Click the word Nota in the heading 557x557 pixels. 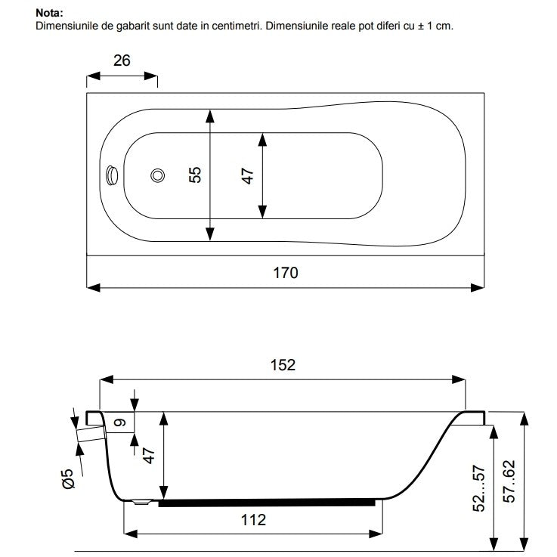(x=48, y=13)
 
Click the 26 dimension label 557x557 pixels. (x=122, y=60)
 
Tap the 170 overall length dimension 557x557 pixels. (x=285, y=273)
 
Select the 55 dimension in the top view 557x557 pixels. (x=195, y=175)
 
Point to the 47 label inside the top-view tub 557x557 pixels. (x=248, y=176)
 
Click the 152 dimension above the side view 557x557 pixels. (x=283, y=365)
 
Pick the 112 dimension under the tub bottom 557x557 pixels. (x=253, y=520)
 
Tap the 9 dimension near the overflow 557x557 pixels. (x=121, y=422)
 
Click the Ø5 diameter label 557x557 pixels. (x=69, y=478)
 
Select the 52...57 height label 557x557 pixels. (x=479, y=488)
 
